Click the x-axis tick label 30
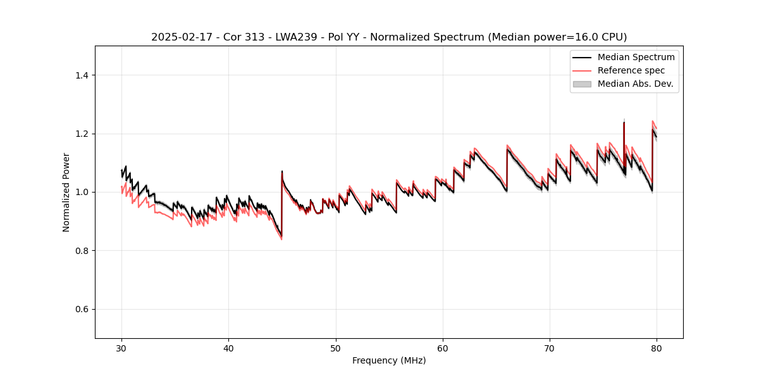(121, 348)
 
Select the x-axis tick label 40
(228, 348)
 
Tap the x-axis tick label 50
(335, 348)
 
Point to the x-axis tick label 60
(443, 348)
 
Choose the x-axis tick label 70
(550, 348)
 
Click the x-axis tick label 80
(657, 348)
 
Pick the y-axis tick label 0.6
(82, 309)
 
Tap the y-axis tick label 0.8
(82, 251)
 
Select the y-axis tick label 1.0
(82, 192)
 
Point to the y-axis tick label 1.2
(82, 134)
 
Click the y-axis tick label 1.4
(82, 75)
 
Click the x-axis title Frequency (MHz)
(389, 360)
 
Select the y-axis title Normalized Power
(66, 192)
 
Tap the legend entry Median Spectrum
(636, 57)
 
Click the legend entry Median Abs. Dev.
(635, 84)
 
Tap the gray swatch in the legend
(582, 84)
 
